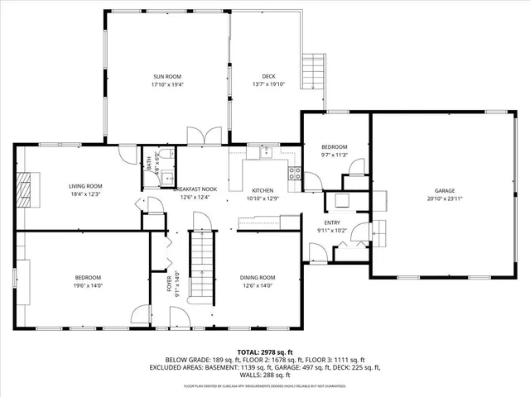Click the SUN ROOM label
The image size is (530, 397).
(x=166, y=76)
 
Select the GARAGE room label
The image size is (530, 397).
(x=445, y=190)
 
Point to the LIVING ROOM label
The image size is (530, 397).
(x=85, y=186)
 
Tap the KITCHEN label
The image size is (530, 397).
(x=263, y=190)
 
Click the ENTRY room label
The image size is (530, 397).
(x=332, y=222)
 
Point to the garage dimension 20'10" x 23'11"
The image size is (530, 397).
(x=445, y=199)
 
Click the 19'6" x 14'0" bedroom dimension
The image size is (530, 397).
(x=89, y=285)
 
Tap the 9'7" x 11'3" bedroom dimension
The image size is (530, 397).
(x=335, y=155)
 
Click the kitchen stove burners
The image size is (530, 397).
(x=293, y=172)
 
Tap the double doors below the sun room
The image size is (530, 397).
(x=204, y=137)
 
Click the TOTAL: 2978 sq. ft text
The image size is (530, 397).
(x=265, y=352)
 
